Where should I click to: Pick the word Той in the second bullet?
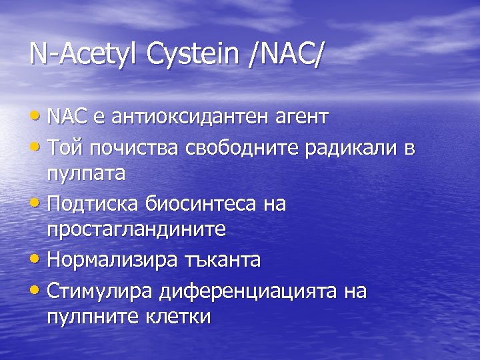[64, 147]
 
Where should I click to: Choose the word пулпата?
[86, 175]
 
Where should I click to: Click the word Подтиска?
[90, 204]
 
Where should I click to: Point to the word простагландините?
[137, 231]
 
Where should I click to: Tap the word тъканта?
[221, 259]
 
